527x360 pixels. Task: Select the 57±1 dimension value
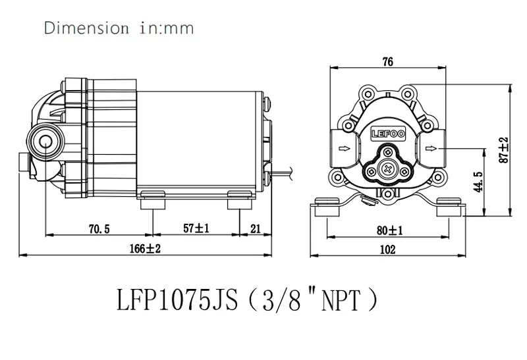point(196,228)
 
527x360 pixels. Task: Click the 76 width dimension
point(387,62)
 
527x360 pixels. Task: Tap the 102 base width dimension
point(388,249)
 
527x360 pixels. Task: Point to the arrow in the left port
point(343,149)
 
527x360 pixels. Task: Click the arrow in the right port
point(431,149)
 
